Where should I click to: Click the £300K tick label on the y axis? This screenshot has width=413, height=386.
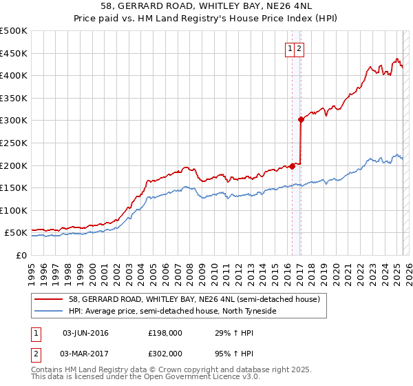[x=14, y=121]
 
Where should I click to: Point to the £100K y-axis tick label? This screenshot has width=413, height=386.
[x=14, y=210]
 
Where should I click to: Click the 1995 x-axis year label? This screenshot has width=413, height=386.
[x=32, y=267]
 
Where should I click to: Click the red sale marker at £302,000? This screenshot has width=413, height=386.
[x=301, y=119]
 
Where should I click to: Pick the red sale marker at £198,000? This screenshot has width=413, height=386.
[x=292, y=165]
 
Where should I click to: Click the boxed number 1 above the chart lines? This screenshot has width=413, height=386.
[x=290, y=48]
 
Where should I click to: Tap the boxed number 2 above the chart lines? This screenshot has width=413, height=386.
[x=300, y=48]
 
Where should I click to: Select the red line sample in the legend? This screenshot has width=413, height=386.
[x=48, y=300]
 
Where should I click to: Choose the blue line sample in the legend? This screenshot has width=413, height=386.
[x=48, y=311]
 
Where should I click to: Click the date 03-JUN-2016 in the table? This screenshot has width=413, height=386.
[x=85, y=333]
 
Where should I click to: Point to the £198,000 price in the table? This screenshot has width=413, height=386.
[x=165, y=333]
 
